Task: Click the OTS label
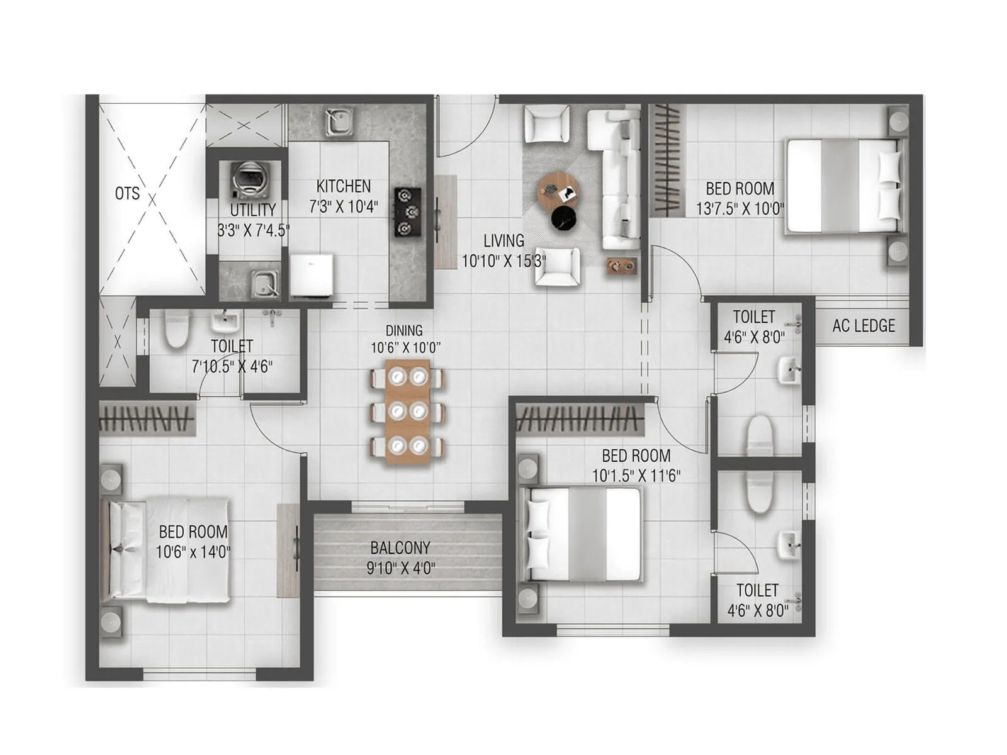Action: pos(127,193)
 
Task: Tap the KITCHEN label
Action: pos(343,186)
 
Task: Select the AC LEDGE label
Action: pos(864,326)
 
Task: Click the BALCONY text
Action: pos(400,547)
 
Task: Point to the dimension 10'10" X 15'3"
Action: pos(503,260)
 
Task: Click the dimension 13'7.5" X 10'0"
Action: pos(740,208)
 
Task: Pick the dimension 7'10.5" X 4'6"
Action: pos(232,366)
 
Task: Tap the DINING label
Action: pos(404,330)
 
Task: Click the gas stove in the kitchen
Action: pos(407,212)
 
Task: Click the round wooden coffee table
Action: pos(558,188)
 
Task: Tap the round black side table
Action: pos(563,218)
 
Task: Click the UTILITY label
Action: pos(253,210)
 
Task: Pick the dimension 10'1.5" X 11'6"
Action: pos(636,476)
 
